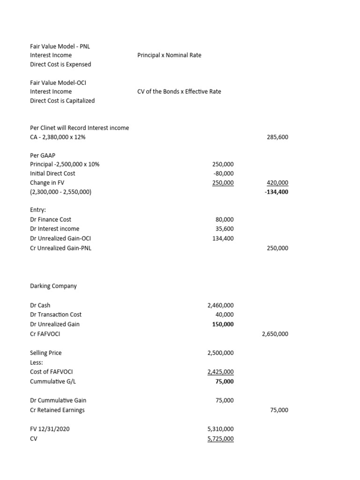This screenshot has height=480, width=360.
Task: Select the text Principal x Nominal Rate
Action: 169,55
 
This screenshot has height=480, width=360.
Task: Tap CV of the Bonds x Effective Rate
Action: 179,91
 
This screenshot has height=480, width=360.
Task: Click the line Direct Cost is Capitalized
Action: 62,101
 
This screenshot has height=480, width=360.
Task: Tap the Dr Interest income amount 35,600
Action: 225,229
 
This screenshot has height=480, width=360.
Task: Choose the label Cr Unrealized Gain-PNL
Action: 60,248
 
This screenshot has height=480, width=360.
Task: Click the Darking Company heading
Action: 53,286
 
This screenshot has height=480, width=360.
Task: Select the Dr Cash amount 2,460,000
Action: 220,305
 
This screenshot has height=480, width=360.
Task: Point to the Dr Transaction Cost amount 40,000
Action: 225,315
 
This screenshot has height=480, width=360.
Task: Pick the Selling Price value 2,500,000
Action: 220,352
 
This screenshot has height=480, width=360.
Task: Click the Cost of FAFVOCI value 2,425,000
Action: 220,372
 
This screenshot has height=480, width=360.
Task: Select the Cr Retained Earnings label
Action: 57,410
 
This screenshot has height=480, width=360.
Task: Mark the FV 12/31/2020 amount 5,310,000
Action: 220,429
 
